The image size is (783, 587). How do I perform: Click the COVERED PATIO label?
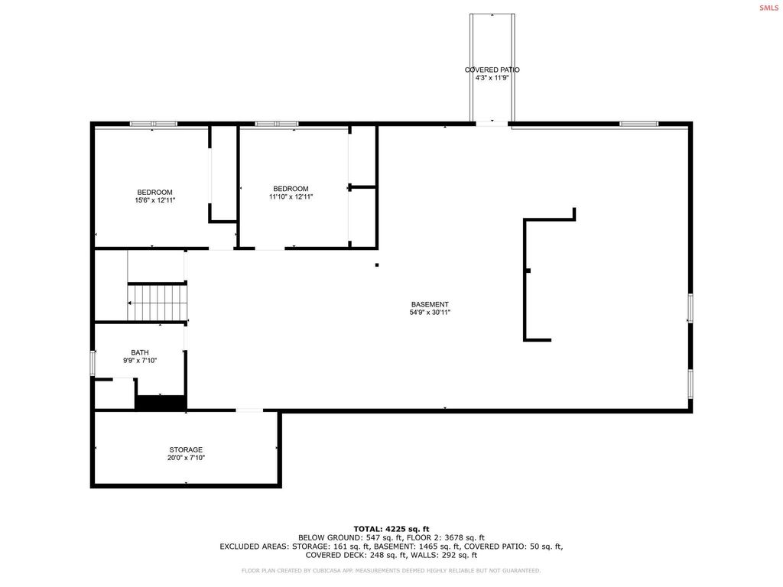click(x=492, y=70)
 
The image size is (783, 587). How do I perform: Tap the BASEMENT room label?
click(x=430, y=304)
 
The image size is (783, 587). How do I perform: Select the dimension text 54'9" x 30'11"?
click(x=430, y=313)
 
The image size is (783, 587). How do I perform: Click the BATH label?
click(x=140, y=352)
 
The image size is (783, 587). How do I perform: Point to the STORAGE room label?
click(x=186, y=449)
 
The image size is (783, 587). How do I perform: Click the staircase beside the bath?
click(x=158, y=303)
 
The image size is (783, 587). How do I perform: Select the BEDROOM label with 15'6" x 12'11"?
click(x=154, y=192)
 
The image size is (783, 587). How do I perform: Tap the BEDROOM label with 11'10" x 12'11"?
click(x=291, y=189)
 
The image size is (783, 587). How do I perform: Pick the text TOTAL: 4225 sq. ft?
click(x=391, y=529)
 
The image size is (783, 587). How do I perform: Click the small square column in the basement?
click(x=377, y=265)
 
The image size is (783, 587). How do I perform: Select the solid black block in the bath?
click(x=161, y=402)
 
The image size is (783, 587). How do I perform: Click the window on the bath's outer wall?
click(x=93, y=362)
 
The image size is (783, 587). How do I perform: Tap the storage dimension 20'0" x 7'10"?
click(x=186, y=458)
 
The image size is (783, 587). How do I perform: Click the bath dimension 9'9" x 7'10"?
click(x=140, y=361)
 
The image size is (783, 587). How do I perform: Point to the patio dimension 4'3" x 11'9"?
click(x=492, y=77)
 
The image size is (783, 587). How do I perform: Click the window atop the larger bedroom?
click(x=153, y=124)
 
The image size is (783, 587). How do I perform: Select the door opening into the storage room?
click(x=249, y=411)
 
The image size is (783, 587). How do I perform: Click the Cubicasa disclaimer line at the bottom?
click(x=391, y=570)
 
